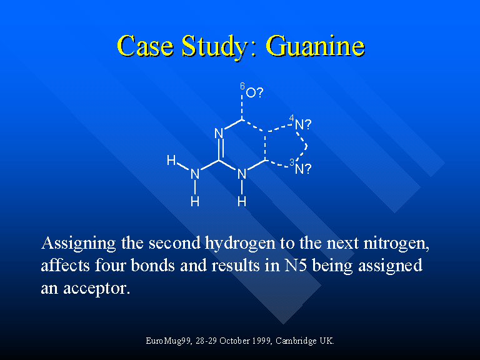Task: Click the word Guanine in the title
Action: pyautogui.click(x=315, y=46)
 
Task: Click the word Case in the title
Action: pyautogui.click(x=145, y=46)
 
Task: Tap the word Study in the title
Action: pyautogui.click(x=215, y=46)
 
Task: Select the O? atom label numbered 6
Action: pyautogui.click(x=254, y=92)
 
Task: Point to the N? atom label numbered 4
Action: pyautogui.click(x=302, y=124)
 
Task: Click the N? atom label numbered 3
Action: pyautogui.click(x=302, y=169)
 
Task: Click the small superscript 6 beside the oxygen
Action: pyautogui.click(x=242, y=86)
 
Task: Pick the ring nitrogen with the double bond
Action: pyautogui.click(x=219, y=134)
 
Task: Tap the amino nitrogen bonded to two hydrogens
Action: pyautogui.click(x=195, y=174)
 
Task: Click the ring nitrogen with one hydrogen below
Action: pyautogui.click(x=242, y=174)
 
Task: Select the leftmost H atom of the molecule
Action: pyautogui.click(x=171, y=160)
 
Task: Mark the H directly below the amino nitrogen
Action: pyautogui.click(x=195, y=201)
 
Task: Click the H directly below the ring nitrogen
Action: pyautogui.click(x=242, y=201)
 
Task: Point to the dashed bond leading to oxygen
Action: pyautogui.click(x=242, y=107)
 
